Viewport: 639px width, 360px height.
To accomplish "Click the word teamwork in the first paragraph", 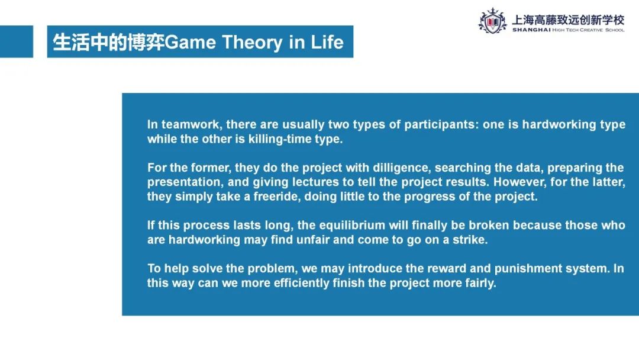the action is [x=192, y=124].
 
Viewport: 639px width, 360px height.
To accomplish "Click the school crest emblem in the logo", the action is [x=493, y=21].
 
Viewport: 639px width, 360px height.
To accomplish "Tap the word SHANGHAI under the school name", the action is [x=531, y=30].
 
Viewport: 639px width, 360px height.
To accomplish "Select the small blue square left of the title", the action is [x=17, y=41].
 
